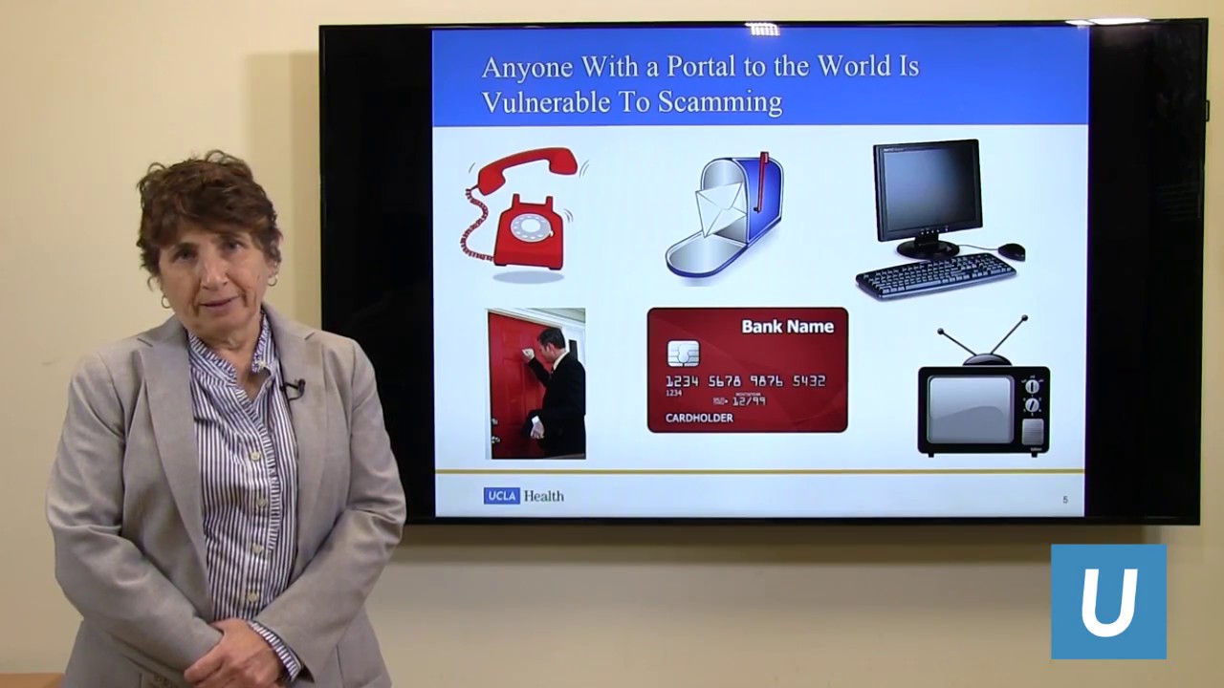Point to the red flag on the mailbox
point(761,182)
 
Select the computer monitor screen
point(926,189)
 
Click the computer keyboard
point(935,276)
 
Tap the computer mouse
point(1012,251)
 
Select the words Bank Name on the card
point(787,327)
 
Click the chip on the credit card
point(683,354)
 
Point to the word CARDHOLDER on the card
point(699,418)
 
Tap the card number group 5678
point(725,380)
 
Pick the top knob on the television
point(1032,387)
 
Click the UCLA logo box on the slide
point(501,496)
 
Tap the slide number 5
point(1065,500)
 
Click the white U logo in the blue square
point(1108,601)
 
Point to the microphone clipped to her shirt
point(293,388)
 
